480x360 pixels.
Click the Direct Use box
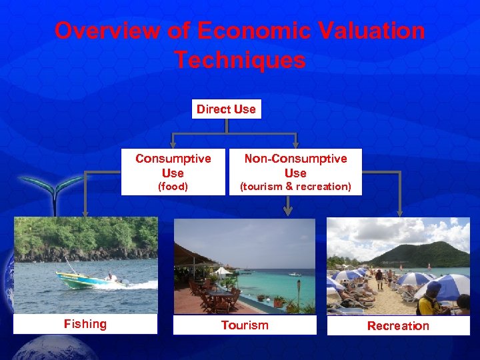coord(226,109)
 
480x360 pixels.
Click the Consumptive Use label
coord(173,165)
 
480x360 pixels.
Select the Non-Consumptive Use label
coord(295,165)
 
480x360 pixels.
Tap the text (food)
coord(173,187)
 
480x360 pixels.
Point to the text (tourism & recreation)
coord(295,187)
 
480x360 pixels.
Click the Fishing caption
coord(85,324)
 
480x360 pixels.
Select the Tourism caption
coord(245,325)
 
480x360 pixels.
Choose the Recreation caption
coord(398,325)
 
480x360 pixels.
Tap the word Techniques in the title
coord(240,60)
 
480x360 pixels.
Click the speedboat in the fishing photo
coord(90,279)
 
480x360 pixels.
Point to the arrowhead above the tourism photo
coord(288,211)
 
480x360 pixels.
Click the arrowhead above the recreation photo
coord(401,211)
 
